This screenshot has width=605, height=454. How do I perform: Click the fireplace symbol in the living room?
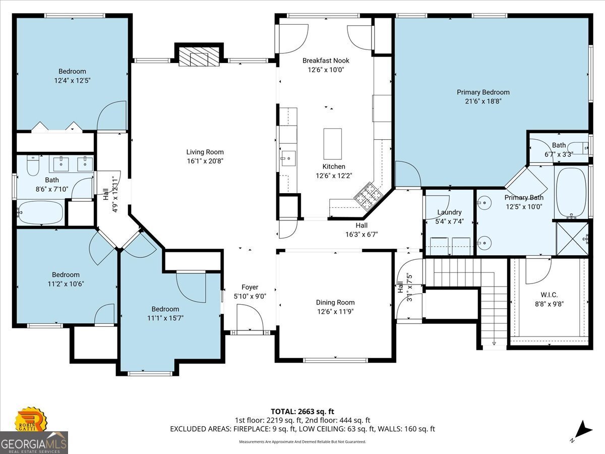point(199,56)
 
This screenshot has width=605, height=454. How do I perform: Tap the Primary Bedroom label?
point(483,92)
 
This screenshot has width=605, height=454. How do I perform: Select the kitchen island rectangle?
point(332,144)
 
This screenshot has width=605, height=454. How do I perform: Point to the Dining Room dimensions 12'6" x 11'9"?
point(335,311)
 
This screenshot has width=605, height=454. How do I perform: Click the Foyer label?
point(250,287)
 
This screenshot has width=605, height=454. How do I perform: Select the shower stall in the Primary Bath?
point(572,239)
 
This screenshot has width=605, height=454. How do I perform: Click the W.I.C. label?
point(549,295)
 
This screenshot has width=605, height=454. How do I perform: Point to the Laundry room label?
point(449,212)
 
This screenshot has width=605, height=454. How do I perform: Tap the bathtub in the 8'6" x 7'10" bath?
point(40,212)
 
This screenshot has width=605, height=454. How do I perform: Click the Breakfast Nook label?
point(326,61)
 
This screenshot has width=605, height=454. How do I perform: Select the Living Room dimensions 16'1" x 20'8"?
point(205,161)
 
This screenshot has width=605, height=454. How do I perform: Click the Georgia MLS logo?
point(34,443)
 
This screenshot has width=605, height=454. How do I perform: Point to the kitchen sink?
point(288,158)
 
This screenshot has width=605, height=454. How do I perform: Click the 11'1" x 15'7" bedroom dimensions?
point(165,318)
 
